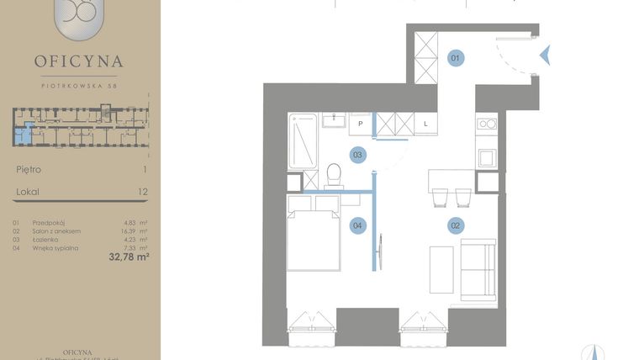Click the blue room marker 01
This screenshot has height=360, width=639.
coord(456,58)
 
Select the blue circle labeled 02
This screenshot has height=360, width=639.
coord(456,225)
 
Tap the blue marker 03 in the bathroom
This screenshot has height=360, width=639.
coord(357,155)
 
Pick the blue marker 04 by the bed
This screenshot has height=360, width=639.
coord(357,225)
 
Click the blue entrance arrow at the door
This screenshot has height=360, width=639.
coord(545,56)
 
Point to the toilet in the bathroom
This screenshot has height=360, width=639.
coord(332,175)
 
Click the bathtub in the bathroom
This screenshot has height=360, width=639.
coord(303,140)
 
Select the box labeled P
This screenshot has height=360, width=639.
coord(360,124)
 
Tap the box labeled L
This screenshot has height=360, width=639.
coord(425,124)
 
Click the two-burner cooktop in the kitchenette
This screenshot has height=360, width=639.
coord(487,124)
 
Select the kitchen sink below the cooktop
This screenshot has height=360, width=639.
coord(487,156)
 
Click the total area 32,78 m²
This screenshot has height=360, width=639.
coord(129,257)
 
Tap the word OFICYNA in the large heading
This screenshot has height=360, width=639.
coord(79,61)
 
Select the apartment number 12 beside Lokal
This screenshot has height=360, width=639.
coord(142,192)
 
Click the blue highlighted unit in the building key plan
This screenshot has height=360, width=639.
coord(29,133)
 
